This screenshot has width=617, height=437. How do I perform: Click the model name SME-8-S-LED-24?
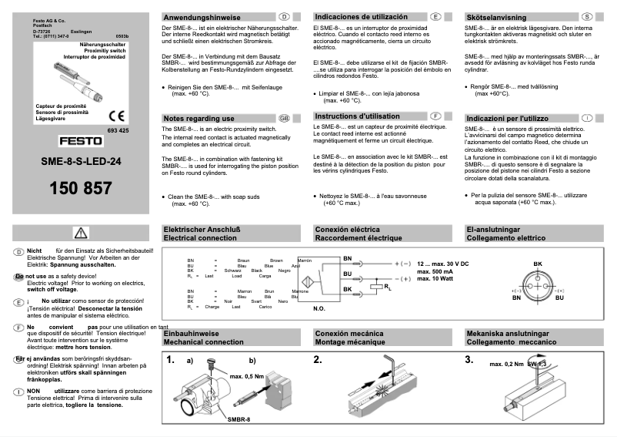[82, 163]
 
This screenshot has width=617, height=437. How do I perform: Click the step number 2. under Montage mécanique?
[318, 359]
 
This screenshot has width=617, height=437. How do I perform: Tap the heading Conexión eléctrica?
[347, 229]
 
